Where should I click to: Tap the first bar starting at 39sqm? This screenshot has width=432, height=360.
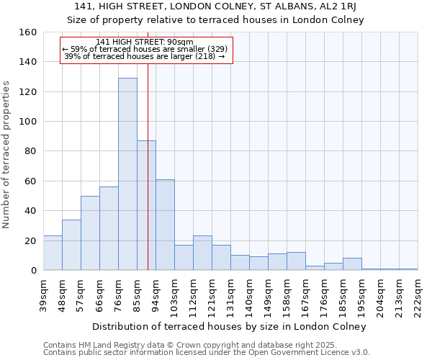pos(53,253)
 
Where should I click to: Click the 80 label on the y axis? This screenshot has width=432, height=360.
pos(31,151)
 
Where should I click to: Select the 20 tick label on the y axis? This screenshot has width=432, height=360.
pos(31,240)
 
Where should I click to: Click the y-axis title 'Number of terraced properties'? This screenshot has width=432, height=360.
pos(7,155)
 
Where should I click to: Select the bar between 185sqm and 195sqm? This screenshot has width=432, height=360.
pos(352,264)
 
